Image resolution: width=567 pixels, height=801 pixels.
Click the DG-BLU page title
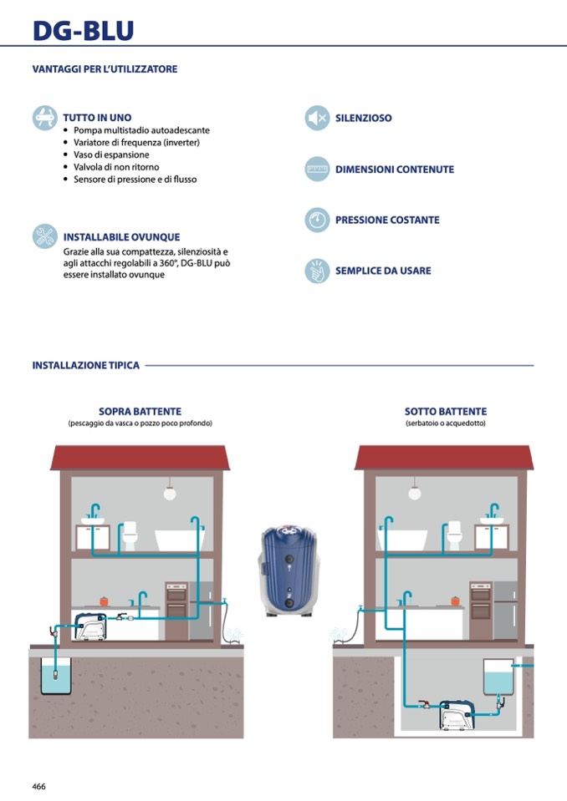[84, 30]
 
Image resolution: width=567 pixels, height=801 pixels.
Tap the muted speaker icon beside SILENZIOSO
[317, 118]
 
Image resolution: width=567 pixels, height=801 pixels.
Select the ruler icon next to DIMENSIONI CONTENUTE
[317, 169]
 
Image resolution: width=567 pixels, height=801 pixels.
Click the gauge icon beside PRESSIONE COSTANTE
[317, 220]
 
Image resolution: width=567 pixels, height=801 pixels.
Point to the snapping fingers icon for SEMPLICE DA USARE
[317, 271]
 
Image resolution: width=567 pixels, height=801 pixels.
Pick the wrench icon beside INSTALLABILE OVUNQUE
[45, 236]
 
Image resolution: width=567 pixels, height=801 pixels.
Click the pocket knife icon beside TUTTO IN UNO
[45, 118]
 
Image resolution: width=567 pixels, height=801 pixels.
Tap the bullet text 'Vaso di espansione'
[111, 155]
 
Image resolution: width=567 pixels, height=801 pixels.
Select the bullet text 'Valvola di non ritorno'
[116, 167]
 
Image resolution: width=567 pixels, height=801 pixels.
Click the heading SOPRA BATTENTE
[140, 411]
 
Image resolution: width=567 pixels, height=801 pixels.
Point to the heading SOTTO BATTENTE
[446, 411]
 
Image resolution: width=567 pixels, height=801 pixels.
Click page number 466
[38, 786]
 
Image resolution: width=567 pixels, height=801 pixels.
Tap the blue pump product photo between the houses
[289, 570]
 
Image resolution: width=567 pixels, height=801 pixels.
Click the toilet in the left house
[130, 535]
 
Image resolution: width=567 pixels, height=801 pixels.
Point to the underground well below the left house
[56, 676]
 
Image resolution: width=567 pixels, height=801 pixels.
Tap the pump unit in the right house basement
[457, 714]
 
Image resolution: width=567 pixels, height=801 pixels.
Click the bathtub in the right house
[402, 540]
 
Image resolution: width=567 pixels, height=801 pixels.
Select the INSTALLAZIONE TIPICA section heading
[86, 365]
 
